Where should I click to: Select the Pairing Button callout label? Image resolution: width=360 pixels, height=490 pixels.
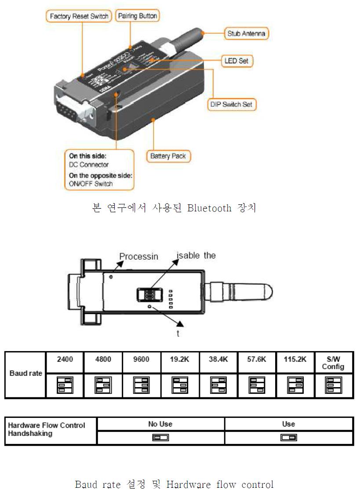[137, 16]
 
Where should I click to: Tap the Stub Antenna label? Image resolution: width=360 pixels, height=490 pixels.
[246, 33]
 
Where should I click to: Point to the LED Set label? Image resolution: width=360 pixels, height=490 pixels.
[236, 61]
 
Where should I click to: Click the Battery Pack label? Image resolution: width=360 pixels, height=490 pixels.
[168, 156]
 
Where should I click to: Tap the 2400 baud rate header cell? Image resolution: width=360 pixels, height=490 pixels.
[65, 359]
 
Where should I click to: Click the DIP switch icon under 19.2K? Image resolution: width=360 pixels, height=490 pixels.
[180, 385]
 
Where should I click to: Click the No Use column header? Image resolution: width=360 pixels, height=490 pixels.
[160, 424]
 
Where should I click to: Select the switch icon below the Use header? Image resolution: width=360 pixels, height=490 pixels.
[288, 438]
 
